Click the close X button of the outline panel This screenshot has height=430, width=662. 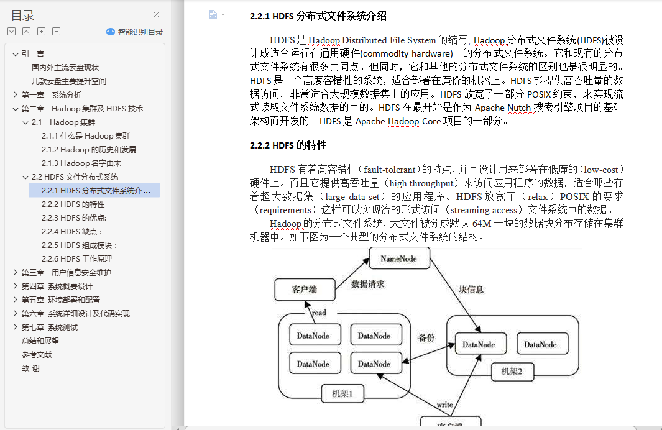[x=156, y=15]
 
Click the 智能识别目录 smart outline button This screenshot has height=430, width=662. [x=135, y=32]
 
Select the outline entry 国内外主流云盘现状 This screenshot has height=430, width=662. [x=65, y=68]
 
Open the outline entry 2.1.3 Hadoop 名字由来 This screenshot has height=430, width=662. [x=81, y=163]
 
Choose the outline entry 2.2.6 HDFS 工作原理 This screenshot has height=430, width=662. [x=77, y=259]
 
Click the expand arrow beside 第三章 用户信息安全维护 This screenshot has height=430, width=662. [x=15, y=273]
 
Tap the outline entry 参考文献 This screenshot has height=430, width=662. [x=37, y=355]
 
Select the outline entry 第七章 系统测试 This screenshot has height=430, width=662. [x=50, y=327]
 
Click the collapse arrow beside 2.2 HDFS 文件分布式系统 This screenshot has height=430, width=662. [x=25, y=177]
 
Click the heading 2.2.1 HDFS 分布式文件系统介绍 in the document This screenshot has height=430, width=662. [x=318, y=16]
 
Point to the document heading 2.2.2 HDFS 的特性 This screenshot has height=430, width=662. [x=288, y=145]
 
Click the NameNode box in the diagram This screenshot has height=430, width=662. [x=400, y=258]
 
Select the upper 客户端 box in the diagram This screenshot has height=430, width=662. [x=305, y=290]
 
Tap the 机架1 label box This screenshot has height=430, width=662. [x=342, y=394]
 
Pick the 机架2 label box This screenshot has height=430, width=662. [x=512, y=372]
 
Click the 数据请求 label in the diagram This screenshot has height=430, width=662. [x=368, y=285]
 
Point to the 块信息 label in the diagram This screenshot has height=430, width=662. [x=471, y=290]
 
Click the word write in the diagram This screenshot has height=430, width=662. [x=444, y=405]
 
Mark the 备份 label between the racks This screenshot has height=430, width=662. [x=426, y=338]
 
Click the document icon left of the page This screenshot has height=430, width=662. [x=213, y=15]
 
